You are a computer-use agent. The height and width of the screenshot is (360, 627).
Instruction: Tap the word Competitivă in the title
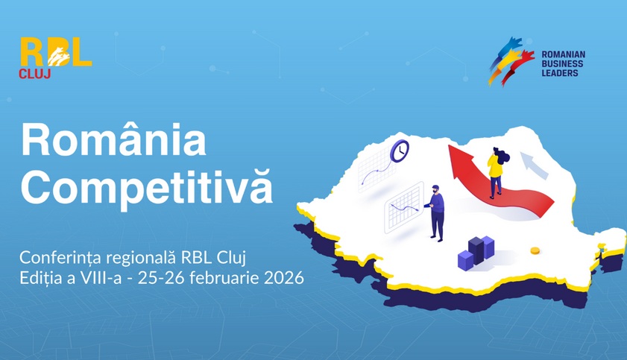(146, 189)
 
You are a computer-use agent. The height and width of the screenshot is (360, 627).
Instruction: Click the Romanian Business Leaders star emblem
(511, 61)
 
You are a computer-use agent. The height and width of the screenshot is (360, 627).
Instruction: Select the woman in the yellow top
(496, 171)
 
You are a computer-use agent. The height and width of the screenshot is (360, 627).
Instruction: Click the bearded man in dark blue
(437, 213)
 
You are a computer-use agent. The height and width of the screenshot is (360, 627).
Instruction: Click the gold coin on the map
(535, 250)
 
